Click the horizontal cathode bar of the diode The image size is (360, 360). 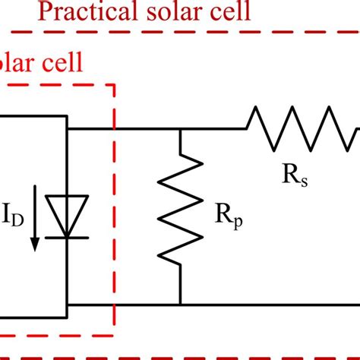[68, 236]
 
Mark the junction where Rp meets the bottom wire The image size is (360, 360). [181, 305]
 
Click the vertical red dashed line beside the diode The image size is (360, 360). [114, 213]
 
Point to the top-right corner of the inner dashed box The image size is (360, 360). [114, 85]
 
